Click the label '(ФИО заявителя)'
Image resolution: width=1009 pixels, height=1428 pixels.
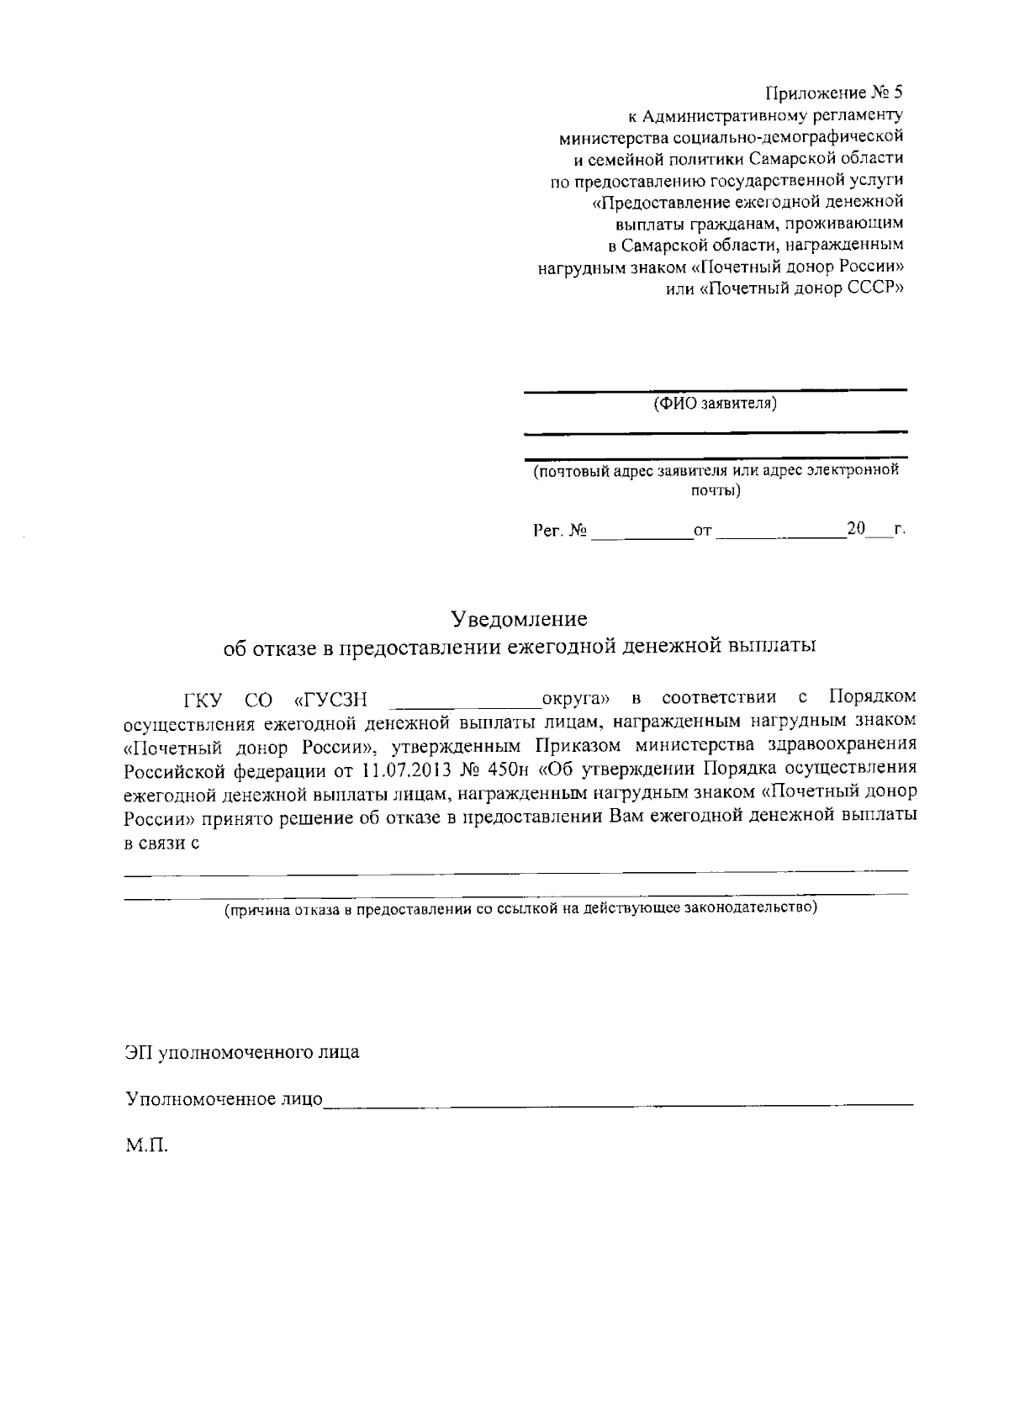(x=715, y=404)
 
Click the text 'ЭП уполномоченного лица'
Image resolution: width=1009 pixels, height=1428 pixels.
(x=242, y=1052)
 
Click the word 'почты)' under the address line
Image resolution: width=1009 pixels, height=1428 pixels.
(x=715, y=490)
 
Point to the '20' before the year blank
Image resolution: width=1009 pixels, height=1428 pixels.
(x=856, y=530)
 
